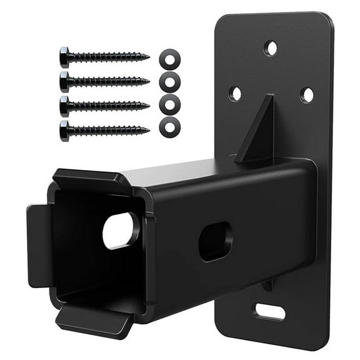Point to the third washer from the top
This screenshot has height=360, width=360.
tap(169, 104)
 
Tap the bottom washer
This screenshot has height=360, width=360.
tap(169, 127)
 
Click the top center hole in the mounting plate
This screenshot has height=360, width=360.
tap(271, 47)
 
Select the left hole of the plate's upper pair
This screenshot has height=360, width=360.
tap(236, 94)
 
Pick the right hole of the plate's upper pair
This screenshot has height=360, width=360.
tap(306, 95)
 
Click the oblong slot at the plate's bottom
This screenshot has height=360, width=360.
tap(269, 311)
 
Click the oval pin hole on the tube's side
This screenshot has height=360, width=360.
tap(215, 241)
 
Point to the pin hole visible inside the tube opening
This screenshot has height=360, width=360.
tap(120, 230)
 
